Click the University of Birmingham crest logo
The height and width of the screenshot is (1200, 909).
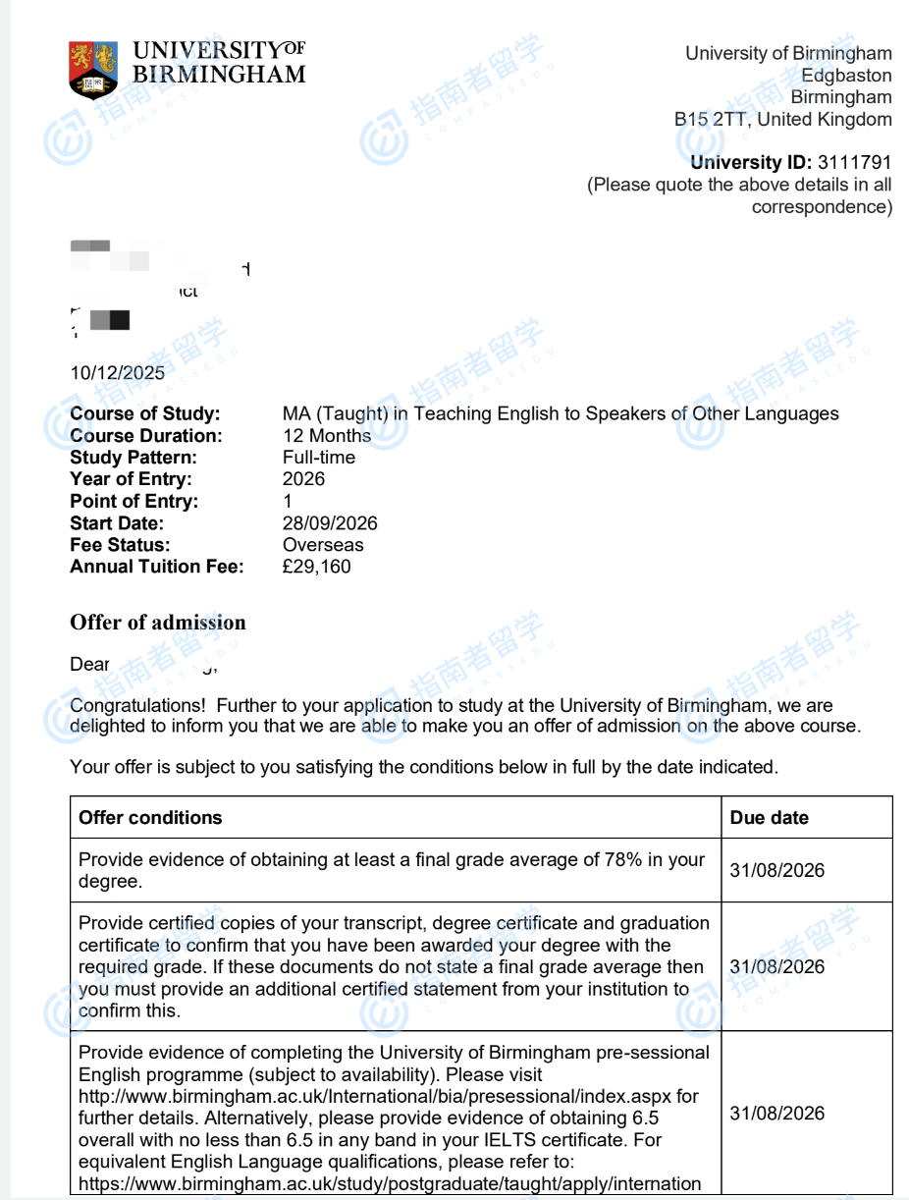pyautogui.click(x=93, y=69)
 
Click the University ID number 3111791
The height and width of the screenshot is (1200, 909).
pyautogui.click(x=853, y=163)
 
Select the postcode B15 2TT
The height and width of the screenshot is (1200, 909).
pyautogui.click(x=709, y=120)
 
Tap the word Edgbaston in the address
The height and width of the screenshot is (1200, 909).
pyautogui.click(x=846, y=76)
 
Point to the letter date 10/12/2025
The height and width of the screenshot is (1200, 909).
pyautogui.click(x=118, y=373)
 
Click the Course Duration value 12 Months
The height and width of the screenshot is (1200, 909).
pyautogui.click(x=327, y=436)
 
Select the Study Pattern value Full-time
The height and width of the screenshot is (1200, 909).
pyautogui.click(x=319, y=458)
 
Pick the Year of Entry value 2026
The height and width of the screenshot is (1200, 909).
pyautogui.click(x=303, y=479)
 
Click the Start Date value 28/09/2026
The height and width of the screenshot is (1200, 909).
pyautogui.click(x=330, y=523)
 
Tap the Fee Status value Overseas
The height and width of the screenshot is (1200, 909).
pyautogui.click(x=323, y=545)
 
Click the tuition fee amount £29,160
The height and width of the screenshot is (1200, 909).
pyautogui.click(x=316, y=567)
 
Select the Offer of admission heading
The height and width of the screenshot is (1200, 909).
pyautogui.click(x=158, y=623)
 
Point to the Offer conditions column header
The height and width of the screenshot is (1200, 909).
pyautogui.click(x=150, y=818)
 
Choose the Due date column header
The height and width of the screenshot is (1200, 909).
pyautogui.click(x=770, y=818)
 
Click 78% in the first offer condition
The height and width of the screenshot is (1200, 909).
pyautogui.click(x=622, y=860)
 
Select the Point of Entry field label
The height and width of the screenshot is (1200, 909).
pyautogui.click(x=134, y=502)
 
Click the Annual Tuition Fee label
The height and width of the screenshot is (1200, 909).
pyautogui.click(x=157, y=567)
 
